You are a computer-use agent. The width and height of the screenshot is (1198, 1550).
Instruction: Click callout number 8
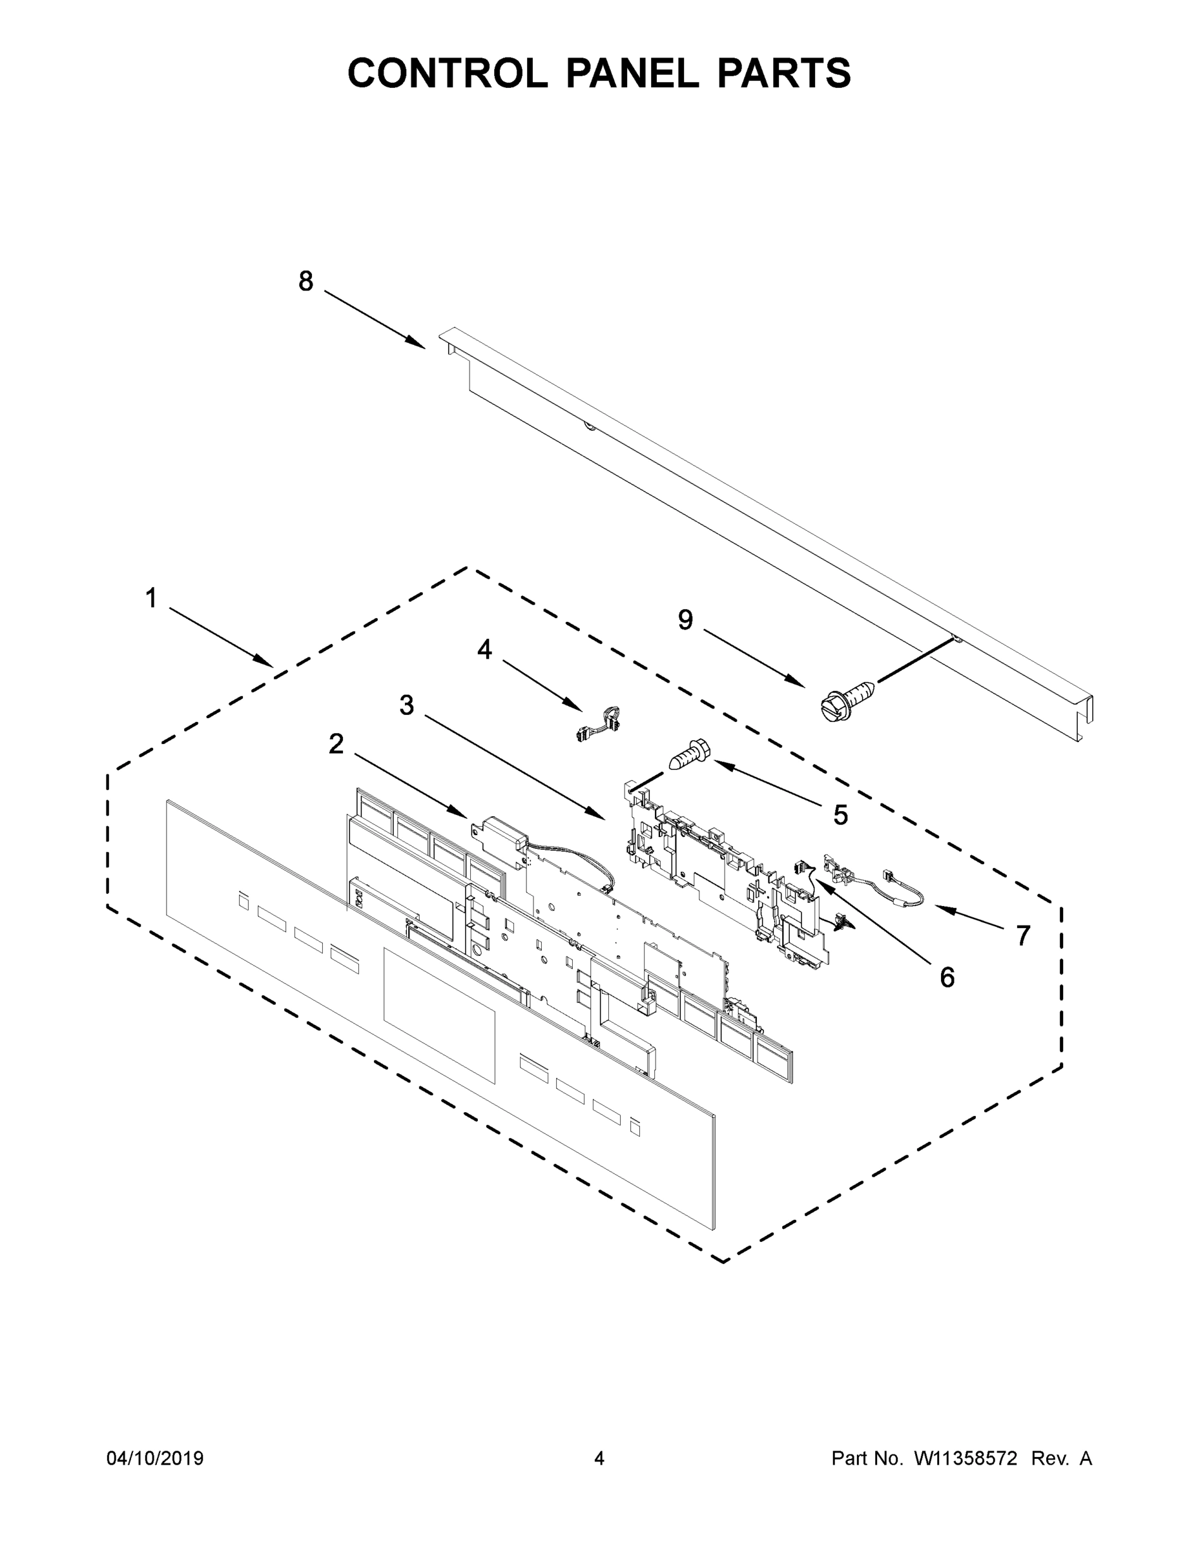(x=305, y=282)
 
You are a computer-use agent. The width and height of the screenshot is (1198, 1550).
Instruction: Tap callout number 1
(x=150, y=598)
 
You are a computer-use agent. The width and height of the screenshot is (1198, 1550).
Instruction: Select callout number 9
(x=685, y=619)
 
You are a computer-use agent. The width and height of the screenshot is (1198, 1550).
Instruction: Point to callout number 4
(x=485, y=648)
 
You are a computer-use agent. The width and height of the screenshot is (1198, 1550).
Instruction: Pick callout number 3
(x=406, y=705)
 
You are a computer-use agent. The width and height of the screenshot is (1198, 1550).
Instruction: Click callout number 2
(x=336, y=744)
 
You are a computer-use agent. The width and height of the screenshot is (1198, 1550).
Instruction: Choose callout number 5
(x=840, y=816)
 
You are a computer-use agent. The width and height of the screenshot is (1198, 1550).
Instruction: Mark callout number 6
(x=947, y=977)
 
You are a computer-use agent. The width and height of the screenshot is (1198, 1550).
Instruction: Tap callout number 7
(x=1022, y=935)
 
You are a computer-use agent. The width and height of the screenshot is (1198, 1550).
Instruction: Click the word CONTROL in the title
(x=447, y=73)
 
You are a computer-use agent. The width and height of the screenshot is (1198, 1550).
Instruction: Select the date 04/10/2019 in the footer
(x=155, y=1458)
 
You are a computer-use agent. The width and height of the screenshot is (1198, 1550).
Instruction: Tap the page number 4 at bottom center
(x=599, y=1458)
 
